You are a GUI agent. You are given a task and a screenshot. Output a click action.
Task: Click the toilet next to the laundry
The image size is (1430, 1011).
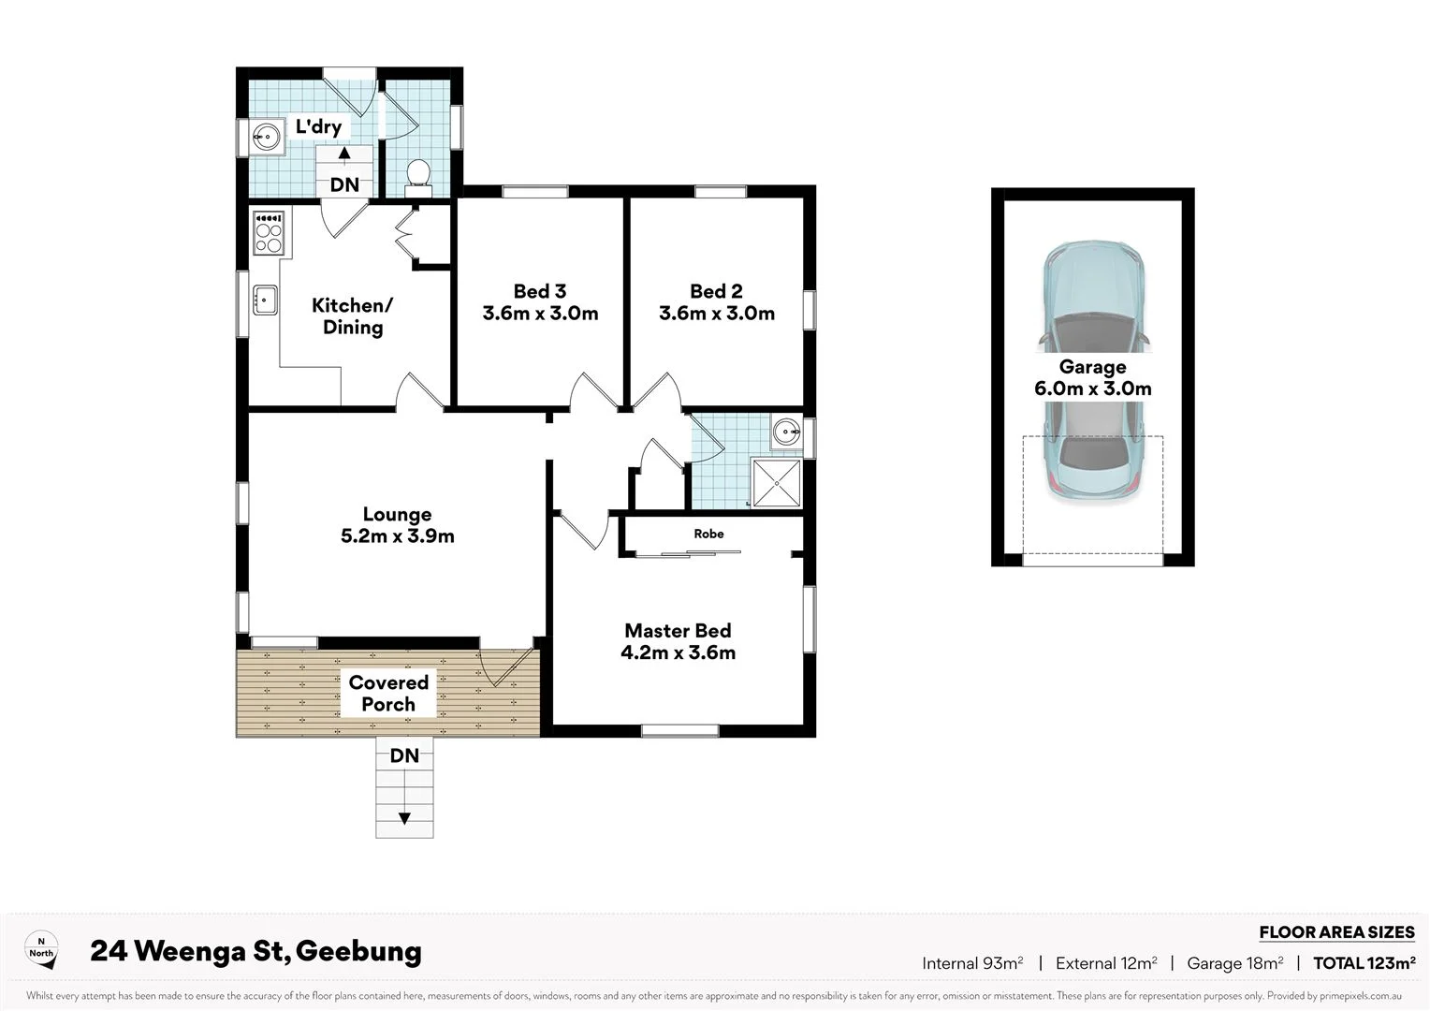[418, 176]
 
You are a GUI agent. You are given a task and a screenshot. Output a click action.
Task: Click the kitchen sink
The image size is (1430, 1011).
[265, 300]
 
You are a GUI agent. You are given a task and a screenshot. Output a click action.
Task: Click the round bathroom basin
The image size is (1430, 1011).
[786, 432]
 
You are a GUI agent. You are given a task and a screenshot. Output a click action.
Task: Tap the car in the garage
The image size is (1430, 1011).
[1093, 370]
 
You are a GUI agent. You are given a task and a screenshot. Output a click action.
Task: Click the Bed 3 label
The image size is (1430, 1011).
[540, 291]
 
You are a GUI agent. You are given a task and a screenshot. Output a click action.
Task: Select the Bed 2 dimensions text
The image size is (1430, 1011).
[717, 314]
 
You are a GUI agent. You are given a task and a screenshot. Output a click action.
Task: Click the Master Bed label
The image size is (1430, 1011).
[678, 631]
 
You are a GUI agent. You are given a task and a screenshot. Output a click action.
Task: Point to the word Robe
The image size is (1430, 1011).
[708, 534]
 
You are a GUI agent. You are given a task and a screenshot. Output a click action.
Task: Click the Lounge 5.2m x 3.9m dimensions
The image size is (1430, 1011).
[398, 536]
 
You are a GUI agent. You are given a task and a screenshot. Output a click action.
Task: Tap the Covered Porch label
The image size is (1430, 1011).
[388, 694]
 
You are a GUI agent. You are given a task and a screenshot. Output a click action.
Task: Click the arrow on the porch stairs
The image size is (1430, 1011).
[404, 819]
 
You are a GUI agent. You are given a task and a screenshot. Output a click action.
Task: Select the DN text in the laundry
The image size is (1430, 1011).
[344, 184]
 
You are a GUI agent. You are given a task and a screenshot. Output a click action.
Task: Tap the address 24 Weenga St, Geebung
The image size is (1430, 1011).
[255, 951]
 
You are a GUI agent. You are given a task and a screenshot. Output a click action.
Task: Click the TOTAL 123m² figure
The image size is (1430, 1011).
[1364, 963]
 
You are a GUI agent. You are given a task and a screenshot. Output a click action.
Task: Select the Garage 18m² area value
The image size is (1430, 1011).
[1234, 963]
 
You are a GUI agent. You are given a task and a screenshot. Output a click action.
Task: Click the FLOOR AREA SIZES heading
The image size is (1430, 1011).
[1336, 932]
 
